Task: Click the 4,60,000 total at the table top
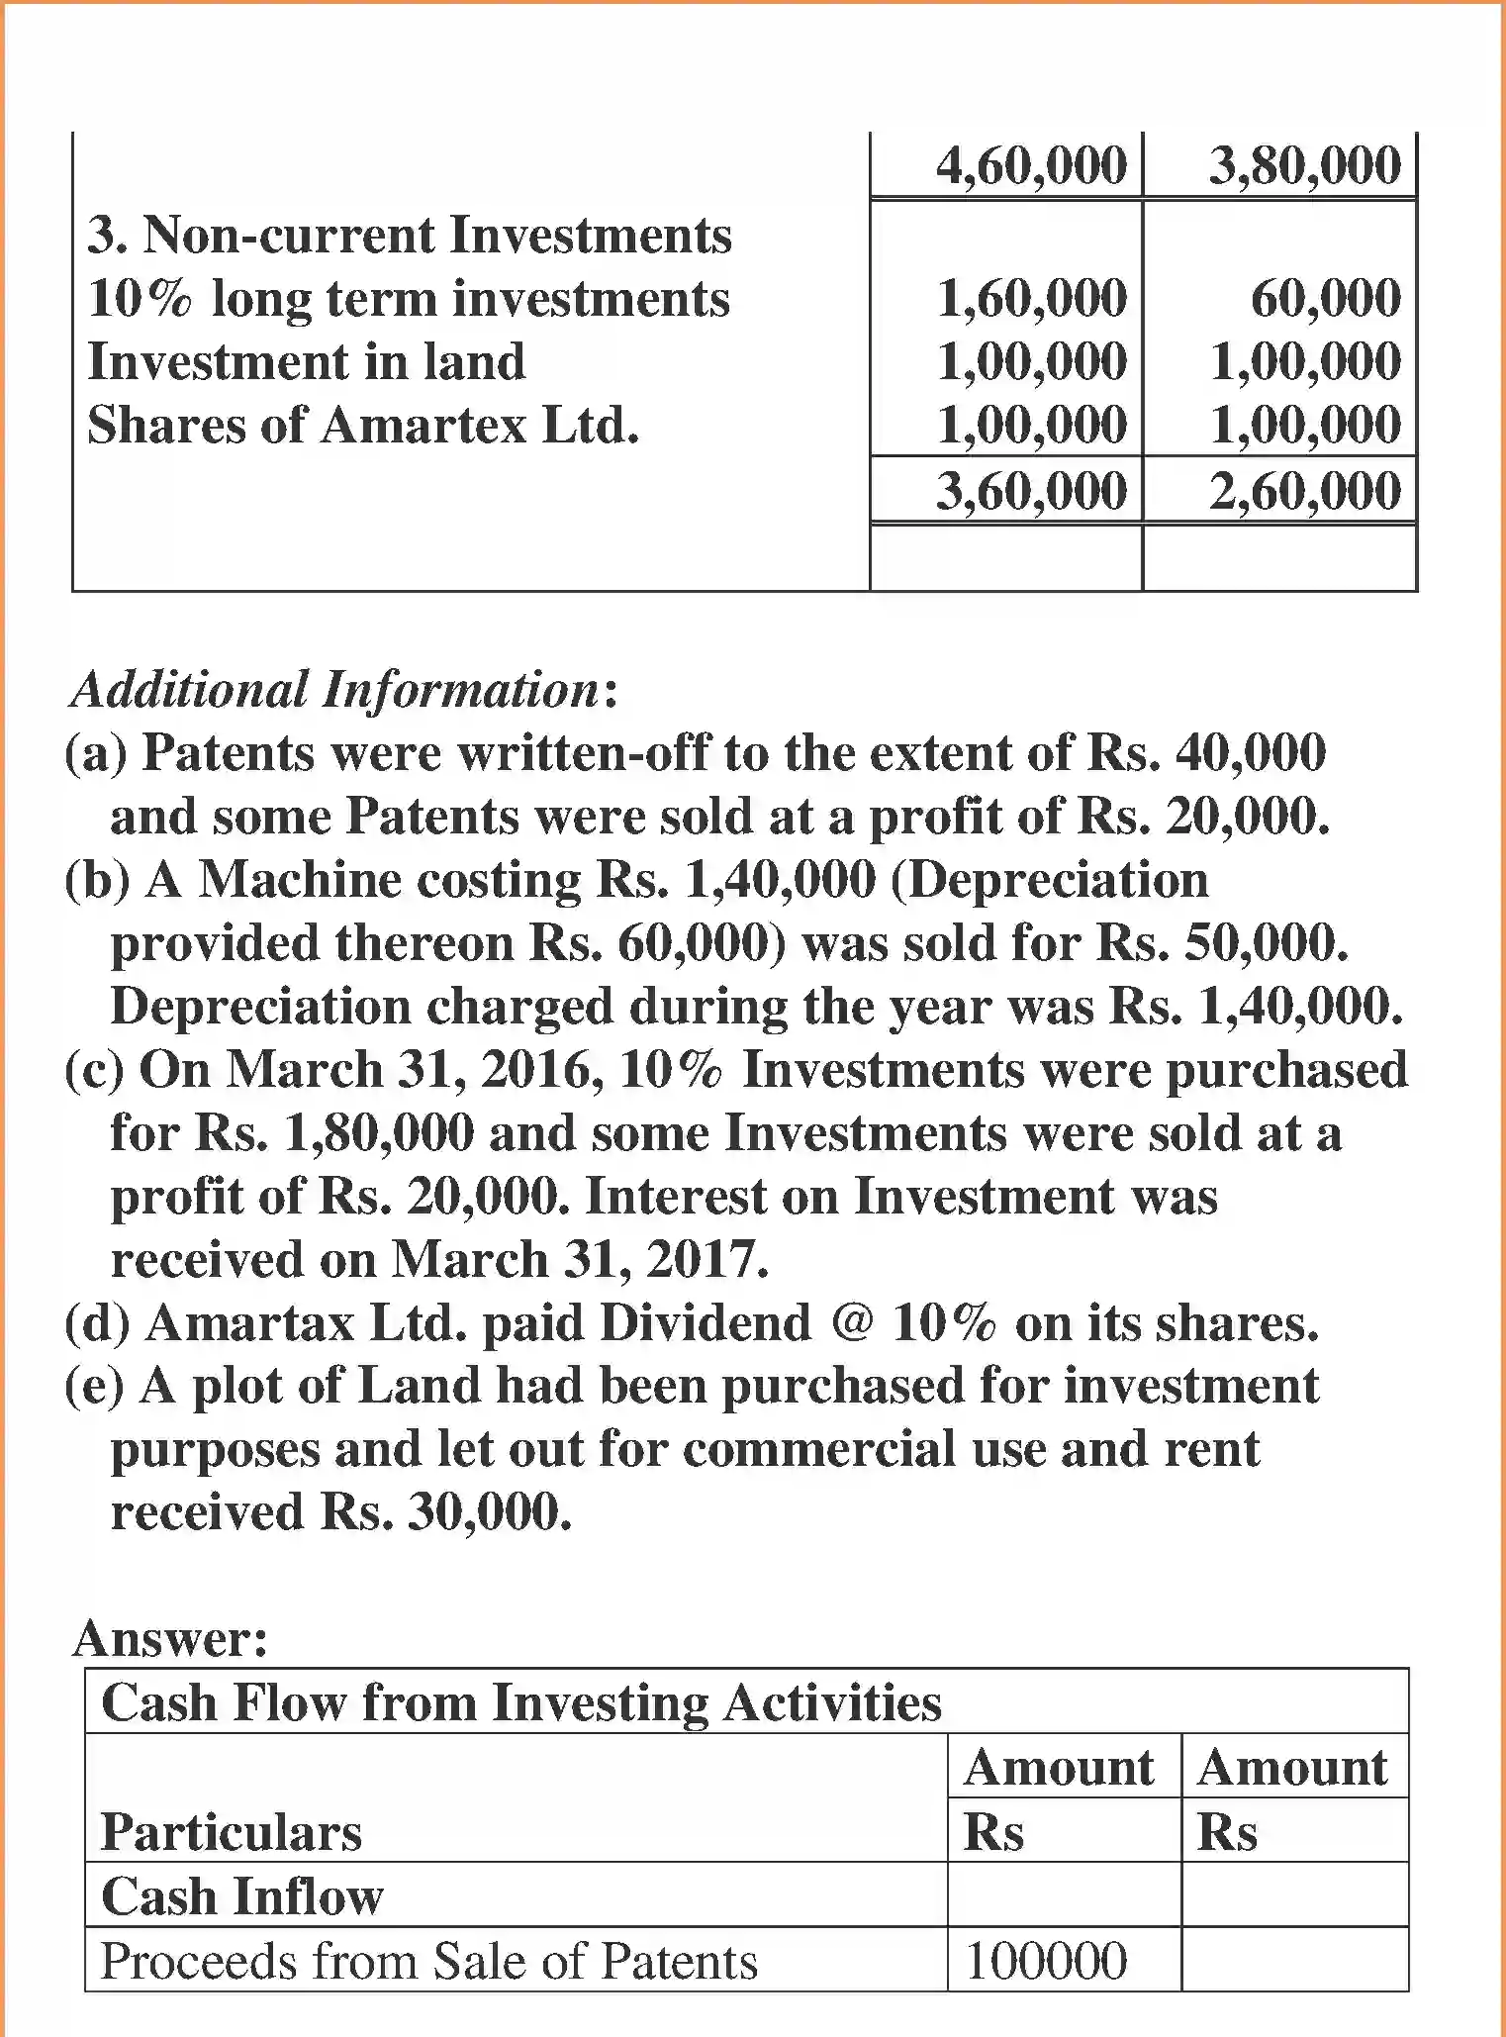(1031, 164)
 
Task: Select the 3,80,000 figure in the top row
(1304, 164)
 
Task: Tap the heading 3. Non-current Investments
(410, 236)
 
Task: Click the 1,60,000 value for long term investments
(1031, 298)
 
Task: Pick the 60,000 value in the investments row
(1325, 298)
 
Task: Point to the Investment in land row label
(306, 361)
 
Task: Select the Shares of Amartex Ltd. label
(363, 426)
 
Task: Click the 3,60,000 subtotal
(1031, 491)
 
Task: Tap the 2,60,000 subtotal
(1304, 491)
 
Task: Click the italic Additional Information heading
(336, 689)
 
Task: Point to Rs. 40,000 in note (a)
(1205, 753)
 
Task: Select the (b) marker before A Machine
(96, 880)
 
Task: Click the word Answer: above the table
(169, 1638)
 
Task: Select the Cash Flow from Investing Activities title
(521, 1702)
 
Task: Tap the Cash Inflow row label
(241, 1896)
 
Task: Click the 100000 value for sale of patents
(1046, 1961)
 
